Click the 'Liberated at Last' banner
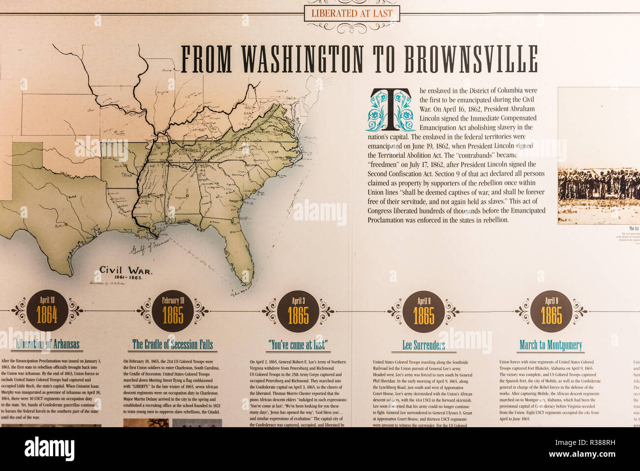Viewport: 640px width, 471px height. (x=352, y=13)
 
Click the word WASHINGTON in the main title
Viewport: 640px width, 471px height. (x=302, y=60)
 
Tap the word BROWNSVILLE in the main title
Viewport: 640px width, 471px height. (x=471, y=60)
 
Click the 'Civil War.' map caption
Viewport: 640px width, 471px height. (x=126, y=270)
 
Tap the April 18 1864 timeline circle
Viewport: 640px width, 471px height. (x=47, y=311)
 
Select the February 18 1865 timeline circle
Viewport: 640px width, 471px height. (x=173, y=311)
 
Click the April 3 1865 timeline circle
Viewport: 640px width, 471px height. (x=298, y=311)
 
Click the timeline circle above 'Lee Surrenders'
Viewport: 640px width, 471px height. (x=423, y=311)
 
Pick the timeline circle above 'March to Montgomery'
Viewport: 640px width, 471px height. (x=551, y=311)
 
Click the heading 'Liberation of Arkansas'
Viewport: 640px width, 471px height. (x=47, y=344)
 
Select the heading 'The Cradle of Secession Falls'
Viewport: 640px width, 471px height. (x=173, y=344)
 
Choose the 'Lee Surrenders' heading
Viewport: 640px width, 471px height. (x=423, y=345)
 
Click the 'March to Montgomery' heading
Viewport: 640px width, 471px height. (x=550, y=345)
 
